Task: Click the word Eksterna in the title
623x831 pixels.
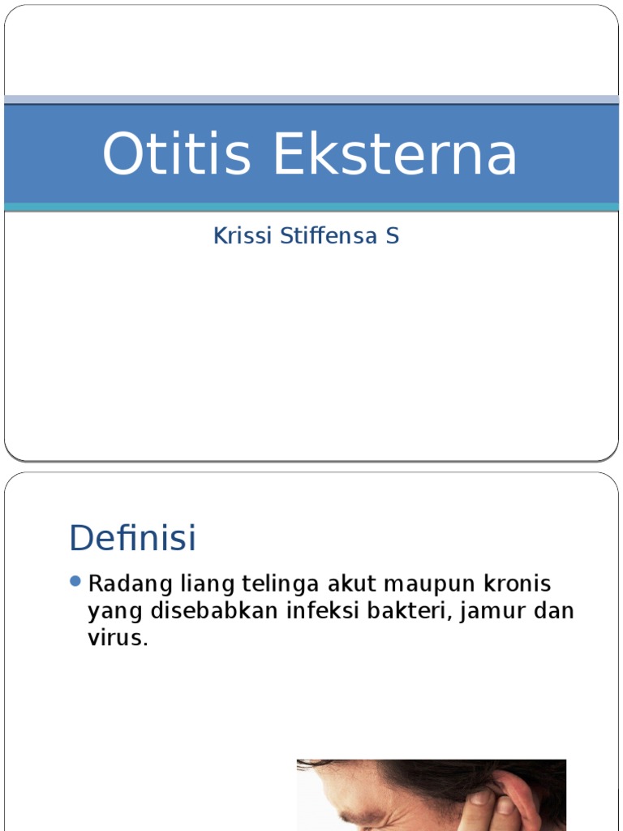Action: pos(395,154)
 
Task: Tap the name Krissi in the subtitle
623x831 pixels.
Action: pos(241,236)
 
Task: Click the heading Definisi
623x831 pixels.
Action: pos(133,538)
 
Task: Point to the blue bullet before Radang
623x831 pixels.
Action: pos(76,581)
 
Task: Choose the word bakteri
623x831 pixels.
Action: pos(415,611)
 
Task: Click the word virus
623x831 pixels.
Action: pos(118,638)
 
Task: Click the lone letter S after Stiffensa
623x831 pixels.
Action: pos(393,236)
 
